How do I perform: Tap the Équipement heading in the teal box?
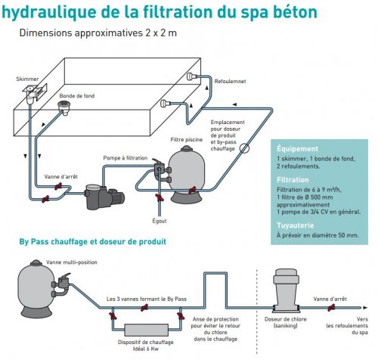[x=298, y=149]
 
